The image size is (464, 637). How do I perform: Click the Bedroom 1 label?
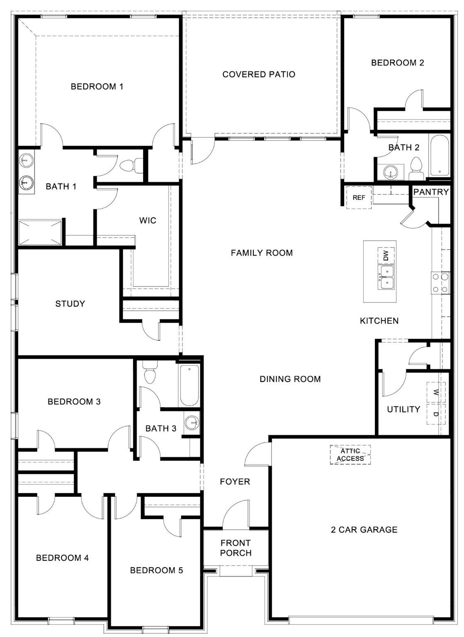[97, 87]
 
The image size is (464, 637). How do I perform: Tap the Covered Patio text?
[259, 74]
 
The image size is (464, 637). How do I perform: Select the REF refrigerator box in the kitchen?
[359, 197]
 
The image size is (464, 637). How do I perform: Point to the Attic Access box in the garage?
[350, 455]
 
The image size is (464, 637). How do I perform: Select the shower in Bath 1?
[40, 233]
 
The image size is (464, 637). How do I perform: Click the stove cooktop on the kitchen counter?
[440, 282]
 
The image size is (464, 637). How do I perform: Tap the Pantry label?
[431, 192]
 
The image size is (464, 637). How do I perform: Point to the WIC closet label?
[148, 220]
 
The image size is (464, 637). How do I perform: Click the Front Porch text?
[236, 548]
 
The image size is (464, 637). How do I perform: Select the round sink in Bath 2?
[390, 171]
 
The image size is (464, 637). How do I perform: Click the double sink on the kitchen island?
[386, 277]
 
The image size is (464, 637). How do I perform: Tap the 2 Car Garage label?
[364, 530]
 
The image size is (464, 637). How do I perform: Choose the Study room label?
[70, 304]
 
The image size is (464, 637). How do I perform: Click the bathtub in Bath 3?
[189, 385]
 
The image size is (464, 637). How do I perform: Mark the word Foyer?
[235, 481]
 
